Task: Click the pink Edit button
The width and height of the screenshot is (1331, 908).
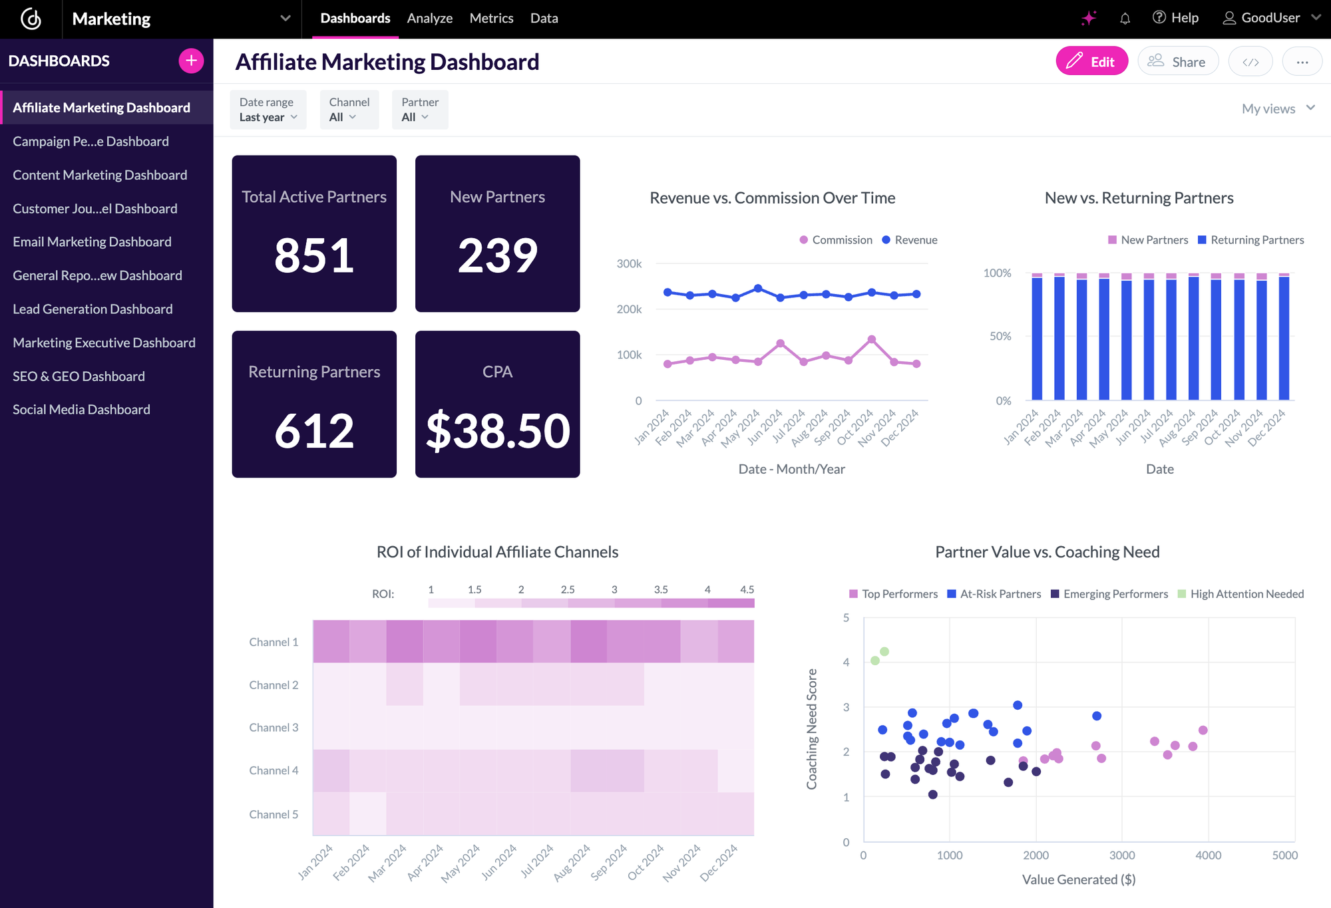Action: click(x=1091, y=61)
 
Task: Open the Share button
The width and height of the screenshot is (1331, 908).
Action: click(x=1178, y=61)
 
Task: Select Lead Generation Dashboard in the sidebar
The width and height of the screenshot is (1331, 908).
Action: click(x=93, y=309)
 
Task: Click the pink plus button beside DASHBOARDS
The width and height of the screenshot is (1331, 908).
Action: click(x=191, y=61)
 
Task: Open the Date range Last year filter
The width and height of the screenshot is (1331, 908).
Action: click(x=268, y=110)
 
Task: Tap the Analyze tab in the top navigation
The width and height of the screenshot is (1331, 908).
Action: click(x=429, y=18)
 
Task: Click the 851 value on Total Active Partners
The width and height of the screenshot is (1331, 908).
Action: click(x=314, y=255)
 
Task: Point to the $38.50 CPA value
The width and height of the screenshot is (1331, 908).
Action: click(x=498, y=431)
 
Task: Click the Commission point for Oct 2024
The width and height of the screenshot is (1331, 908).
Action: click(x=872, y=339)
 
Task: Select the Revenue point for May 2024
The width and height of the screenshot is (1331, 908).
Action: click(x=758, y=288)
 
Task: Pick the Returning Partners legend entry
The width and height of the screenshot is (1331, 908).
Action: click(x=1251, y=239)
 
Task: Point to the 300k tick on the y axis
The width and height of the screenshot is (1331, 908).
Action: click(x=629, y=264)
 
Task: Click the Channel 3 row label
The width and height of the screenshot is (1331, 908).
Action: click(x=274, y=727)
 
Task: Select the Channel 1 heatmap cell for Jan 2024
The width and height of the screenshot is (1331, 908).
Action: click(x=331, y=641)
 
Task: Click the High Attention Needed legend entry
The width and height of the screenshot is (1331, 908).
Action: click(x=1240, y=593)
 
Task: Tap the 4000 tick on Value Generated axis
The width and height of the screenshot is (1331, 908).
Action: click(x=1208, y=855)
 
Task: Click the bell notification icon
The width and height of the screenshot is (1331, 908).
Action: click(x=1125, y=19)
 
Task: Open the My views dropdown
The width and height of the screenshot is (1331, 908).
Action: click(x=1278, y=108)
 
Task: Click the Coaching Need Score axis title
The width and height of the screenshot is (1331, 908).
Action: click(x=812, y=729)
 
